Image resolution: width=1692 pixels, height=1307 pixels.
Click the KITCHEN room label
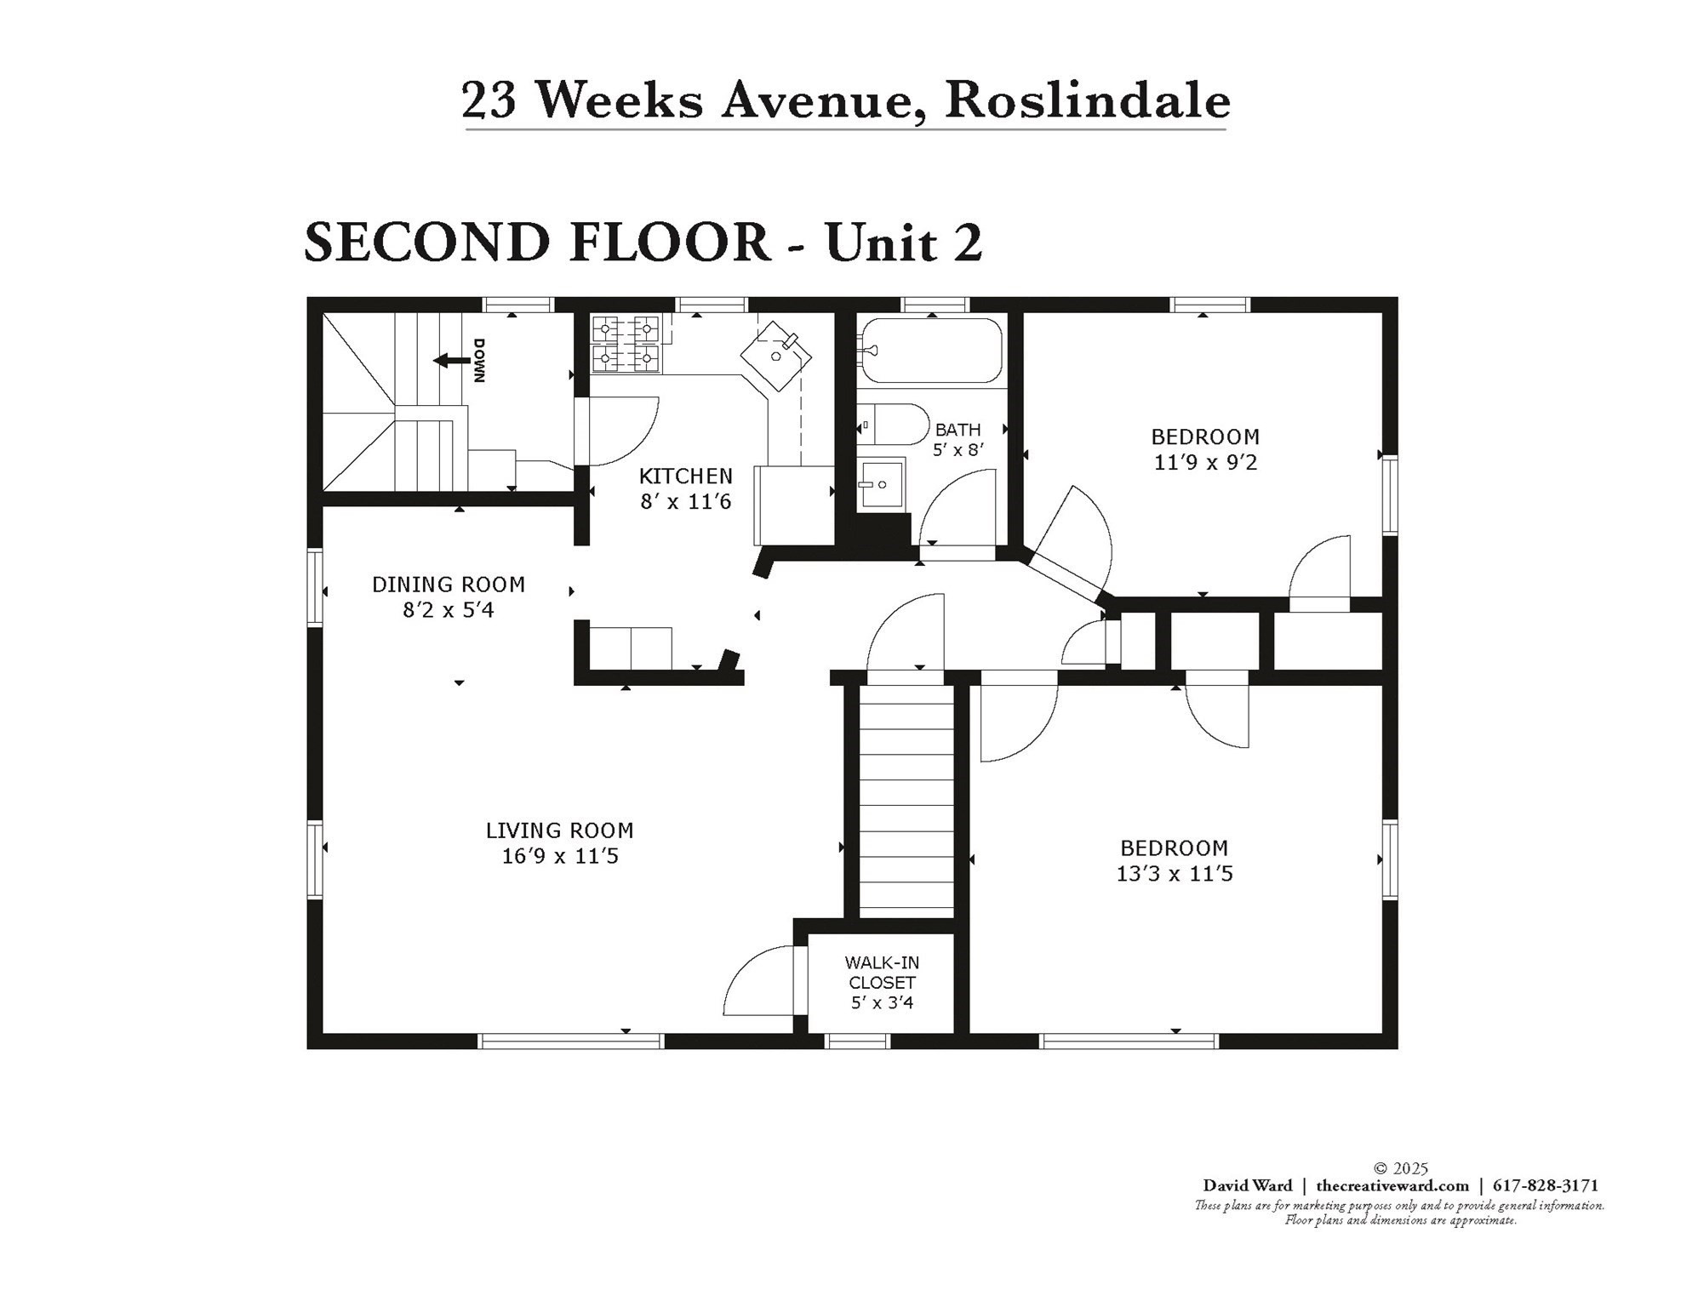(685, 476)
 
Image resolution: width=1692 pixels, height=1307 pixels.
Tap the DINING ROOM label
(448, 585)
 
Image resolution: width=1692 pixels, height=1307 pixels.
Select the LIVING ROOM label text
(559, 830)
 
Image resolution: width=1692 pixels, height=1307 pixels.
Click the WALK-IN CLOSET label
(881, 973)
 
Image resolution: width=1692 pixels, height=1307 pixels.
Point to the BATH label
(957, 430)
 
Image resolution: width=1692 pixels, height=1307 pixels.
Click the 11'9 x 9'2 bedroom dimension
(1205, 463)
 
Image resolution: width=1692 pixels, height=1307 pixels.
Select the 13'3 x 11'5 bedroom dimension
(1174, 874)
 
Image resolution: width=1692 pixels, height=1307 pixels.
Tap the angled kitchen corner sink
(775, 354)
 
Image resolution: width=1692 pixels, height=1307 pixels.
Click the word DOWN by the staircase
(480, 361)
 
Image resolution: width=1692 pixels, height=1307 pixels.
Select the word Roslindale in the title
(1087, 100)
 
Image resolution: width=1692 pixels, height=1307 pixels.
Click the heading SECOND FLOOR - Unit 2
(643, 243)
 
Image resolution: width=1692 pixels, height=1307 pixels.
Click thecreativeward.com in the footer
(1392, 1185)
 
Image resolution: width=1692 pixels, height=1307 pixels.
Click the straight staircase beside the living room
(906, 800)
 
